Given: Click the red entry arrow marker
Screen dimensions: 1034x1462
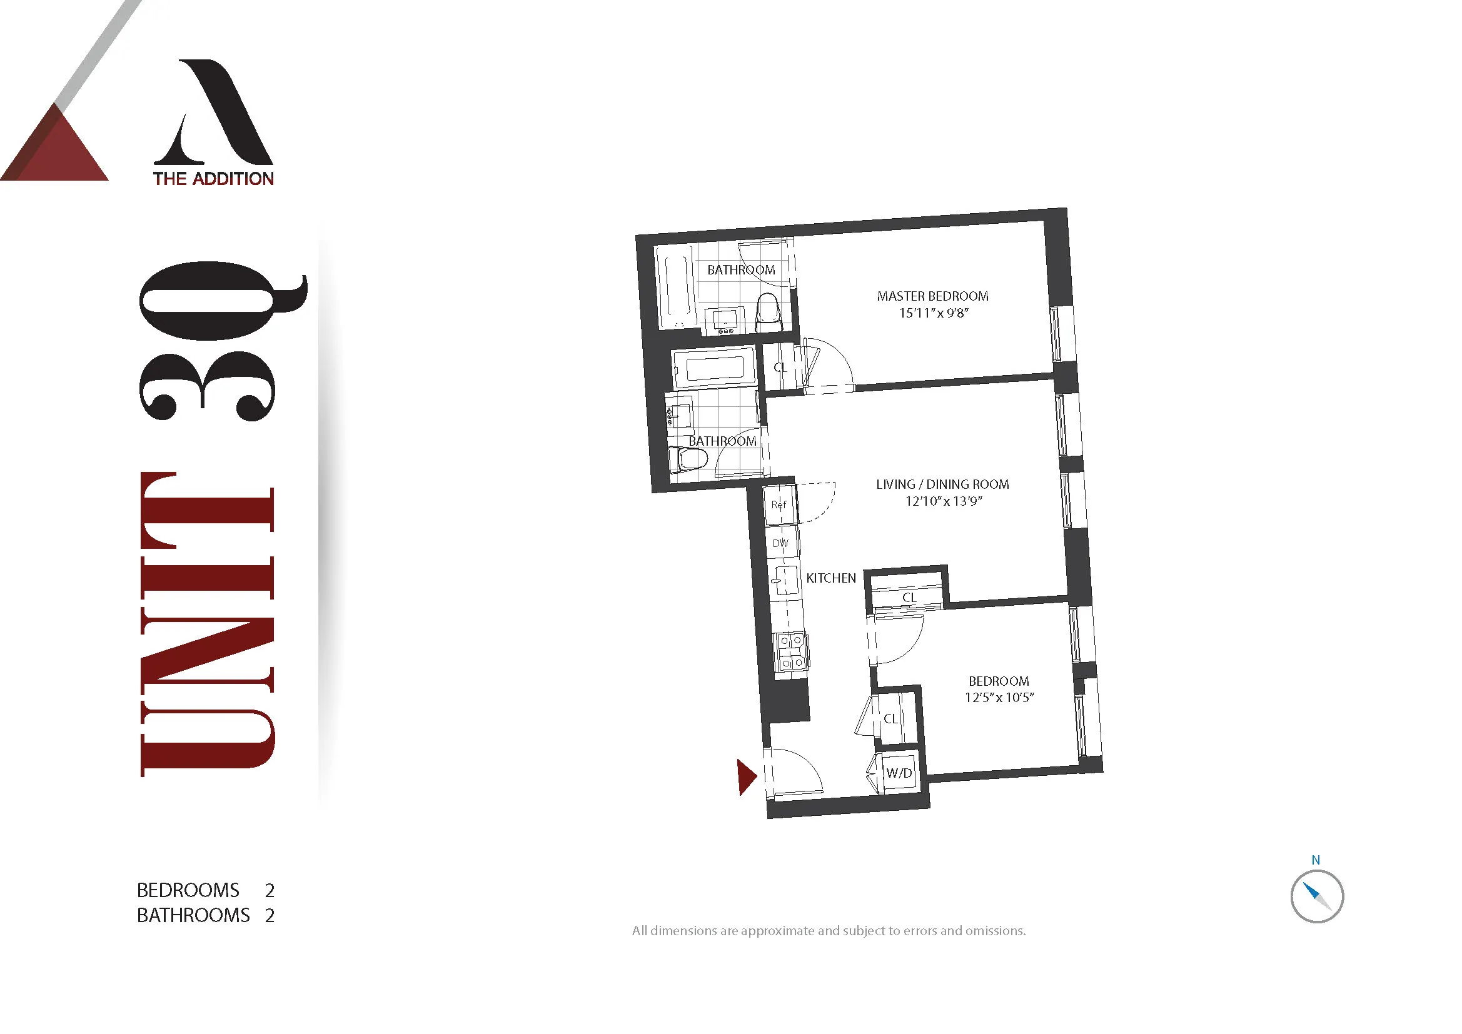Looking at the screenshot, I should pos(745,777).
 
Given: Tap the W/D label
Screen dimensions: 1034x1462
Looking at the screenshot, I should pos(899,773).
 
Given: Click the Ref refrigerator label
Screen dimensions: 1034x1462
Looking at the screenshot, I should pos(779,504).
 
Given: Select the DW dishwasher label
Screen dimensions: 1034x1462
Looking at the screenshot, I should pos(780,543).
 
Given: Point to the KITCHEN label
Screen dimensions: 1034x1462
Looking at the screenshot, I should pos(831,578).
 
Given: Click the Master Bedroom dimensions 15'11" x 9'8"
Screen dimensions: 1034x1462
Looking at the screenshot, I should pos(934,313).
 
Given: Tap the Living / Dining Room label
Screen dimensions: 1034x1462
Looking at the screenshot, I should pos(942,484).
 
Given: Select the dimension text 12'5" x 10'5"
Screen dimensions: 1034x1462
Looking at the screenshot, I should pos(999,697).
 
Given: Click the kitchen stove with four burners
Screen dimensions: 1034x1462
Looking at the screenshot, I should pos(791,651).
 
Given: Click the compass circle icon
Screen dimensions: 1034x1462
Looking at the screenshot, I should pos(1317,896).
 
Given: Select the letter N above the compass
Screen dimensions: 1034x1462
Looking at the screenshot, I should pos(1316,860).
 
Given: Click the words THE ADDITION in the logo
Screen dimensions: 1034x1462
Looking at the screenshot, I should pos(213,179).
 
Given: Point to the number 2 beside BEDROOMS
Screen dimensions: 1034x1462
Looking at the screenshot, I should pos(270,890).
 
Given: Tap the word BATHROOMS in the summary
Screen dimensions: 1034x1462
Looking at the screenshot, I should pos(193,916).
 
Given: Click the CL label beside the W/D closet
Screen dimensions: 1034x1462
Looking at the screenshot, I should pos(890,719).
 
